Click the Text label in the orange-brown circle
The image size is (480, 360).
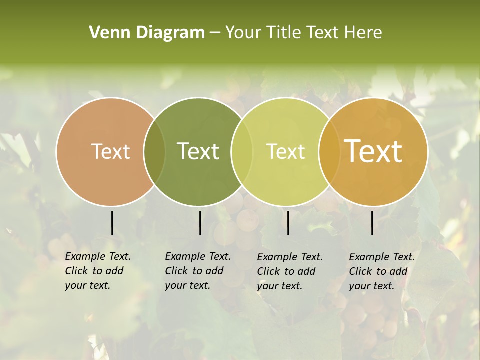coord(110,151)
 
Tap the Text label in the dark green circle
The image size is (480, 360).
coord(198,151)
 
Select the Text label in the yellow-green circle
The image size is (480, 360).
coord(285,151)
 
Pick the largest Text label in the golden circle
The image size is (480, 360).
coord(373,151)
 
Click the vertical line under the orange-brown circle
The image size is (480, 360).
coord(112,223)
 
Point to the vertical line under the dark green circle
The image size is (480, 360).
coord(200,223)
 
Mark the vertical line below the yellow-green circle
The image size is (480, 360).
coord(288,223)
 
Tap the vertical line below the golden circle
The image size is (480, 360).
coord(372,223)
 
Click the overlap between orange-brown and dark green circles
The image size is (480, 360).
coord(154,151)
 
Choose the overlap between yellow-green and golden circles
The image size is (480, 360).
coord(327,151)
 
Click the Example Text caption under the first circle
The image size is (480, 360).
coord(98,271)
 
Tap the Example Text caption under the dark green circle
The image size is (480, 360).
coord(198,271)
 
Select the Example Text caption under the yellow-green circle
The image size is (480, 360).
coord(290,271)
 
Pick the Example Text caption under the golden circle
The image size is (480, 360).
coord(382,271)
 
